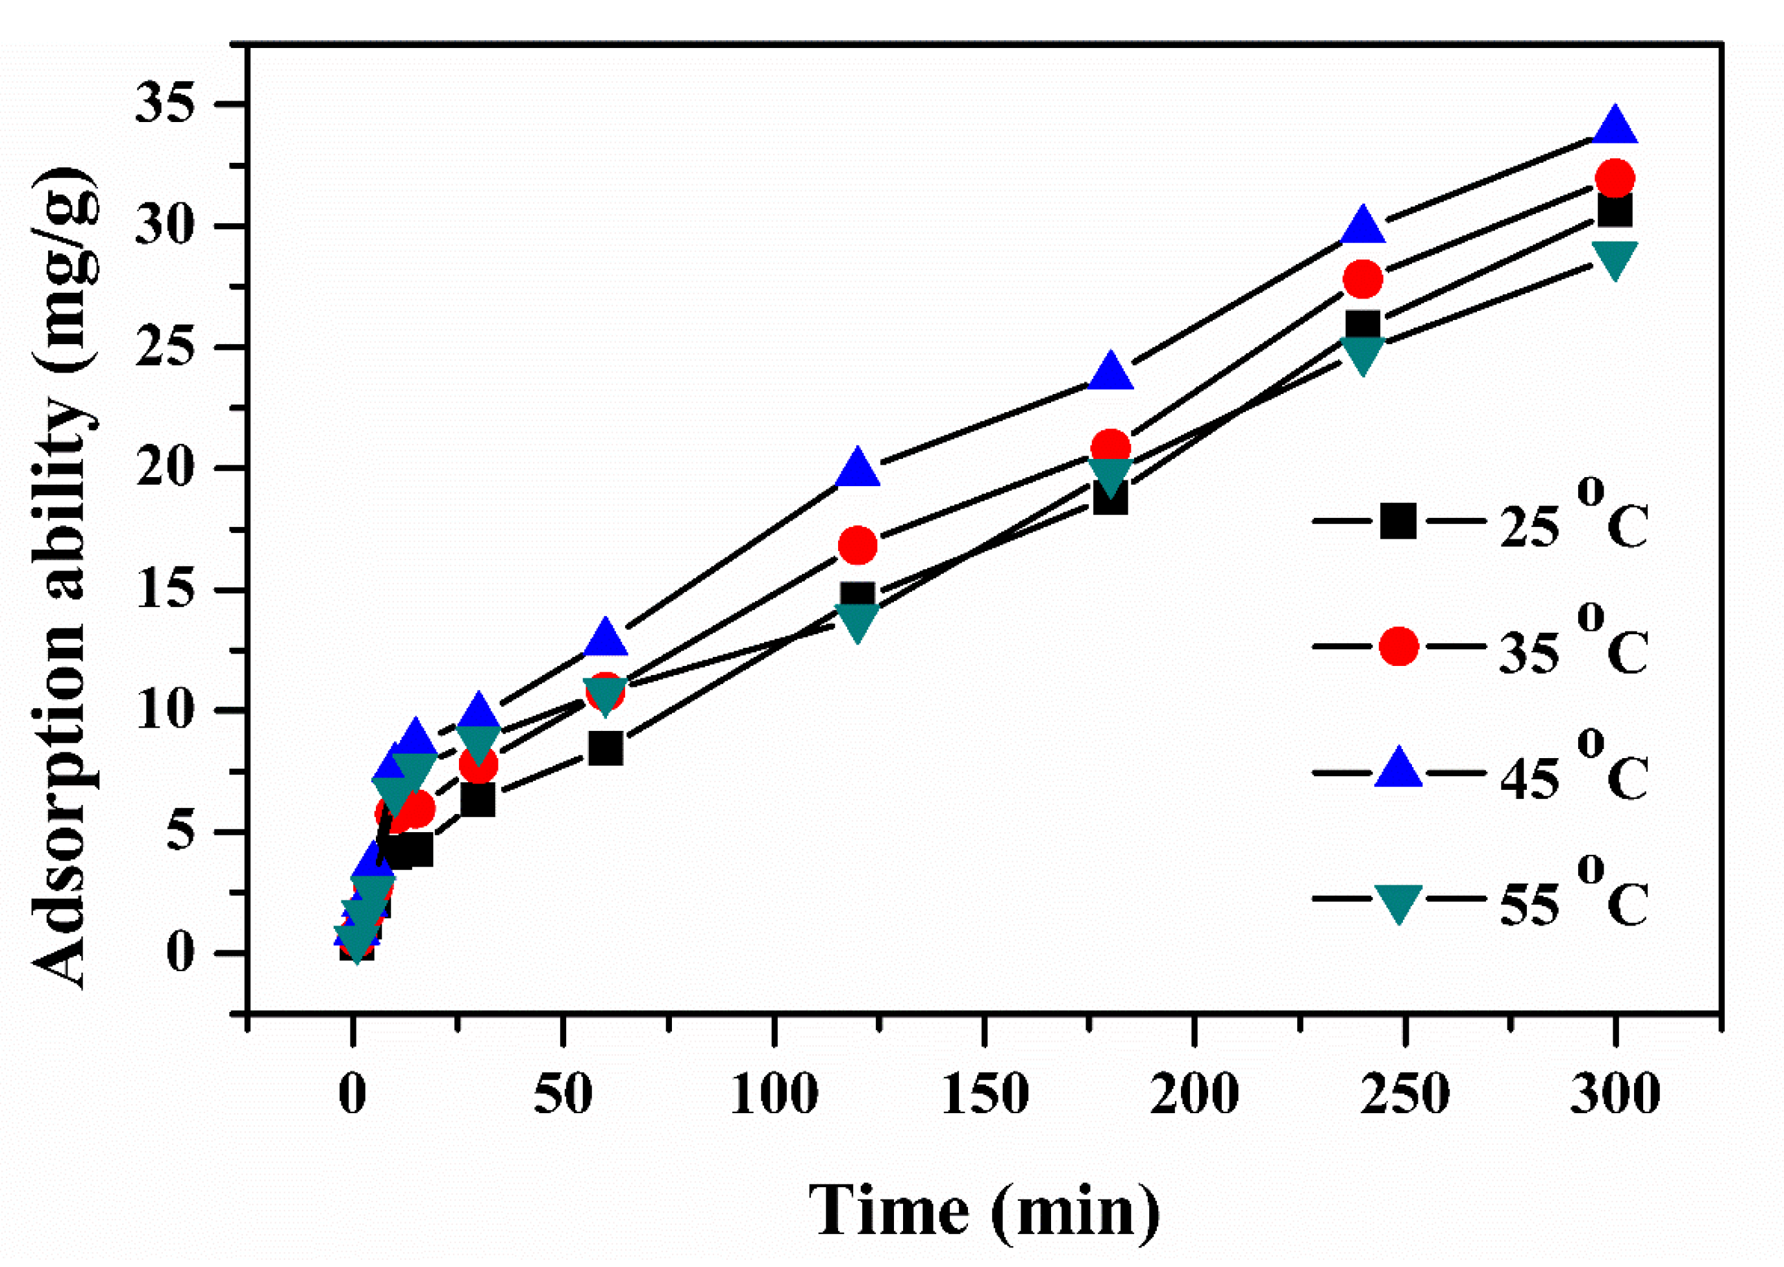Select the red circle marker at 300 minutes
tap(1615, 178)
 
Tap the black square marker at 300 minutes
tap(1615, 211)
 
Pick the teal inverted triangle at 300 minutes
tap(1615, 258)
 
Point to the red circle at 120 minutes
tap(858, 545)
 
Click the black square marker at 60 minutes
tap(606, 748)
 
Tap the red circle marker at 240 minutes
tap(1363, 278)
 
